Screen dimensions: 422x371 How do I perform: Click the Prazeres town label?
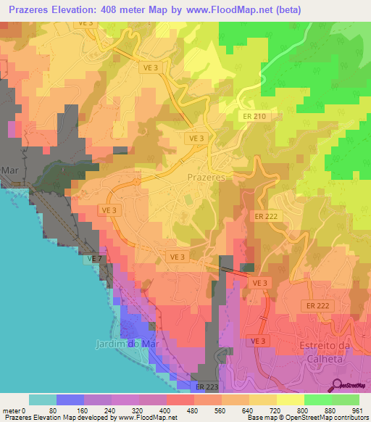pos(207,177)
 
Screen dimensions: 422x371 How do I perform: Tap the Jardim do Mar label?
pos(125,343)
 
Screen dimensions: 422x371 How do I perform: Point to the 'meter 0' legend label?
pos(14,410)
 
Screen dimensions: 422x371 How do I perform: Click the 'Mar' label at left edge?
pos(9,170)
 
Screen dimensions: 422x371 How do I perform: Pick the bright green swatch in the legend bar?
pos(318,400)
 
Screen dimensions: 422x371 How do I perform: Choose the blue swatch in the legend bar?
pos(70,400)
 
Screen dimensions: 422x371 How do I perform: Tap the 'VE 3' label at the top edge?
pos(86,22)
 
